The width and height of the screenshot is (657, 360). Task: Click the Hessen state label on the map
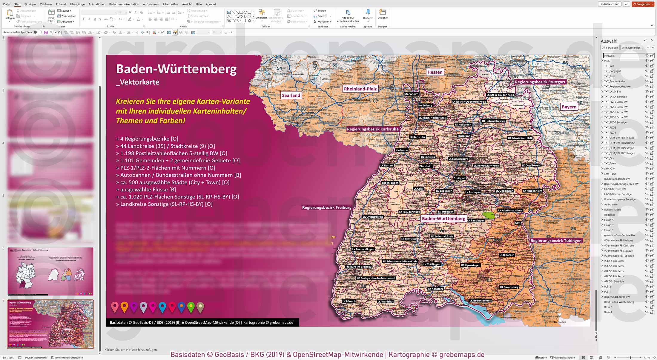click(x=435, y=72)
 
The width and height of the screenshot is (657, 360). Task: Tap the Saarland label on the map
click(x=291, y=96)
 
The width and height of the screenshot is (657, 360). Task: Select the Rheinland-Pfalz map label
click(x=360, y=89)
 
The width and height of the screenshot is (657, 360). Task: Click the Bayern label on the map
click(x=569, y=107)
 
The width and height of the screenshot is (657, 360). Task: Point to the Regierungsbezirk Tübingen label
click(x=556, y=241)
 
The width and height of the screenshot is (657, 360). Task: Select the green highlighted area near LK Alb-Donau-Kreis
click(x=489, y=215)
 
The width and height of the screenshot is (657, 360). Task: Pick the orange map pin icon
click(x=124, y=307)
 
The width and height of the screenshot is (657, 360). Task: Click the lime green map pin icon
click(x=191, y=307)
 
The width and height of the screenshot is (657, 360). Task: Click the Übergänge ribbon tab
click(x=77, y=4)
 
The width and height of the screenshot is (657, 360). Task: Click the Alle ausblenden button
click(x=631, y=48)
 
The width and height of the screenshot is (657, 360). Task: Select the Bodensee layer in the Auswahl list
click(x=610, y=215)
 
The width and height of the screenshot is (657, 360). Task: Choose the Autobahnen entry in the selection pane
click(x=611, y=204)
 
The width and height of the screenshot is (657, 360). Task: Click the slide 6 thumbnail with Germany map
click(x=50, y=271)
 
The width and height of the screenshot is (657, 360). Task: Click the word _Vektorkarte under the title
click(x=138, y=82)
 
